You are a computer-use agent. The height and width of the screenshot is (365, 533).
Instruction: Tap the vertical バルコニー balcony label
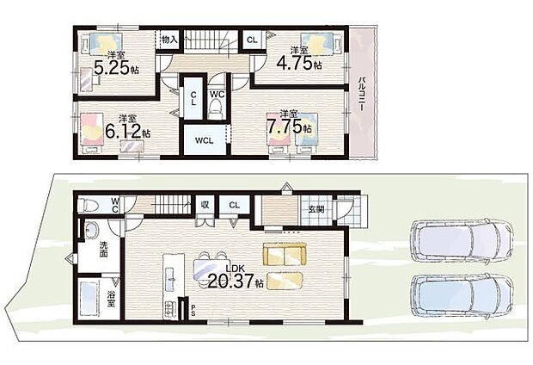tap(362, 95)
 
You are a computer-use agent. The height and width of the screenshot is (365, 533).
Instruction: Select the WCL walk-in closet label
tap(205, 140)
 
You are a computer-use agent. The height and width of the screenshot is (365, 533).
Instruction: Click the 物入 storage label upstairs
tap(169, 39)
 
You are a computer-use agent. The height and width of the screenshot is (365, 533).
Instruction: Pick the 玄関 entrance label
tap(316, 209)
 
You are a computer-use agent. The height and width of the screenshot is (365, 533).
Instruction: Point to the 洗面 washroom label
tap(104, 250)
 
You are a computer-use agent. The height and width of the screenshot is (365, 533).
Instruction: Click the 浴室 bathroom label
tap(111, 299)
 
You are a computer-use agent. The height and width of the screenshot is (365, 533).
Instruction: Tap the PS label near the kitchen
tap(193, 310)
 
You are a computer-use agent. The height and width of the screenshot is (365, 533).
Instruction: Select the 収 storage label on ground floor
tap(205, 205)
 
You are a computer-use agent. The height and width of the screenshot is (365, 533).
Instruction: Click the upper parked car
tap(461, 241)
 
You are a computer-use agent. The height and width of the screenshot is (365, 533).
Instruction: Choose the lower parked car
tap(462, 296)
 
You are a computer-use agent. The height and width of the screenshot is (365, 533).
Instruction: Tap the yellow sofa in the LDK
tap(285, 254)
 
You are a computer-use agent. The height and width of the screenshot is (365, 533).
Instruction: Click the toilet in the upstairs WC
tap(215, 110)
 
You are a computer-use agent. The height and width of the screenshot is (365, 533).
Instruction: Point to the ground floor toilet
tap(88, 205)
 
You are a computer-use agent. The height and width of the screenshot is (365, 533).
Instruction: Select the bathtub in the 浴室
tap(89, 299)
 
